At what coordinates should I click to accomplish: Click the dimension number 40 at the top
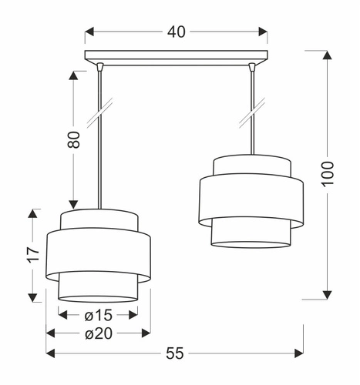[176, 32]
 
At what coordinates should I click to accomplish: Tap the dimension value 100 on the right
[328, 174]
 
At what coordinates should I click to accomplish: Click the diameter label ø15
[98, 316]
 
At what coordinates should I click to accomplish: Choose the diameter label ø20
[98, 333]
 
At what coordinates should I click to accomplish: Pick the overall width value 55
[176, 353]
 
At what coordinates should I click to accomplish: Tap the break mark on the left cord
[99, 113]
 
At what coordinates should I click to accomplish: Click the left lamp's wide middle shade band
[98, 253]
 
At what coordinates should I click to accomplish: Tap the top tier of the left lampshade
[98, 219]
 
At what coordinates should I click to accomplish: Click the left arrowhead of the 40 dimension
[88, 32]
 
